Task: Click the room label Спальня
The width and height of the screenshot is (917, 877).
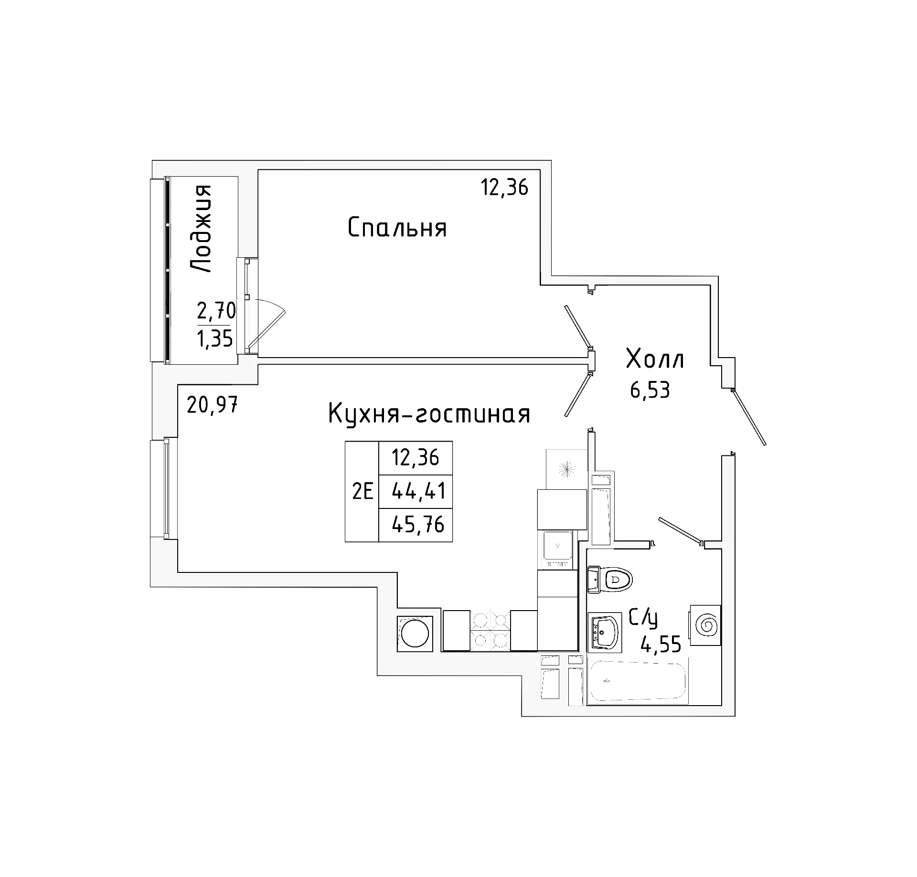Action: click(397, 228)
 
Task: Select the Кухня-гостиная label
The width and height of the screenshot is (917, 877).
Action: click(429, 413)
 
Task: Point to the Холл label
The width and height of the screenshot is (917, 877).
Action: click(655, 359)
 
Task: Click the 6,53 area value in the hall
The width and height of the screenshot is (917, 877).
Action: click(650, 391)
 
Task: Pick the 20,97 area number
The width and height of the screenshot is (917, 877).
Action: click(212, 405)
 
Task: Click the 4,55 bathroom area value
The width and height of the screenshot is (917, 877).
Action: click(661, 645)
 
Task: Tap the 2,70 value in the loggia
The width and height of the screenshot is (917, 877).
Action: click(216, 311)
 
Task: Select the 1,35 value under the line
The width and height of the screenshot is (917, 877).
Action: click(215, 339)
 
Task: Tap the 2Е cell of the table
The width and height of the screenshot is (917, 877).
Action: click(362, 491)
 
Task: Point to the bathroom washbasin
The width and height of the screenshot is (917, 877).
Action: click(604, 632)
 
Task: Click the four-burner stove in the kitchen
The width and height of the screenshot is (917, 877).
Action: click(490, 630)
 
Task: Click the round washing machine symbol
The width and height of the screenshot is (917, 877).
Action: click(415, 634)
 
